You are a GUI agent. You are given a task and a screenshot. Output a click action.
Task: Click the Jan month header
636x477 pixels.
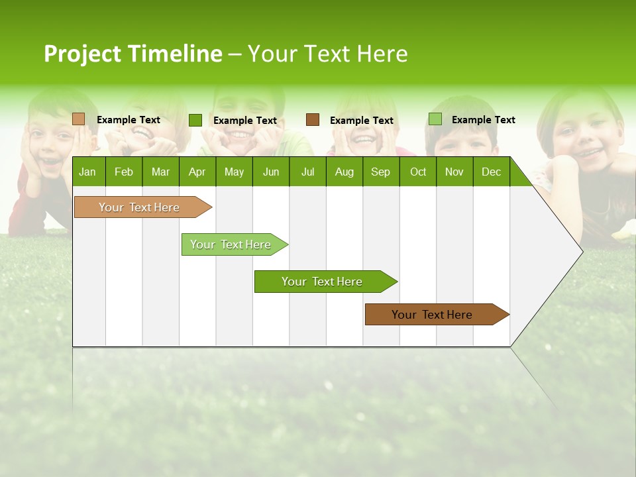[x=87, y=172]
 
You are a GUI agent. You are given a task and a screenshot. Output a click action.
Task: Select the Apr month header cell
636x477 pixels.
[x=197, y=172]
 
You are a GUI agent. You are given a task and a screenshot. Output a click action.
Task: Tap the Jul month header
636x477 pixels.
[x=307, y=172]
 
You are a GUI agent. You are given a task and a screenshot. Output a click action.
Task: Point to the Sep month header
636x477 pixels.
[x=380, y=172]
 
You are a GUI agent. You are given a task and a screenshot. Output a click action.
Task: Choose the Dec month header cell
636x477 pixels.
[x=491, y=172]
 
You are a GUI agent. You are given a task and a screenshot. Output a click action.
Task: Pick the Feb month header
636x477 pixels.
[x=124, y=172]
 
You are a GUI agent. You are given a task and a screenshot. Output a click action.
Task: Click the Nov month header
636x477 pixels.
[x=454, y=172]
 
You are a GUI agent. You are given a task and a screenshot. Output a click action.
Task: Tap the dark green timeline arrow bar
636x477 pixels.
[x=323, y=282]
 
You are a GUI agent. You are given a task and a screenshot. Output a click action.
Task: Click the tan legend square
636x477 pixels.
[x=78, y=119]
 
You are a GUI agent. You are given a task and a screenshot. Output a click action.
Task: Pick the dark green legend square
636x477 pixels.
[x=195, y=120]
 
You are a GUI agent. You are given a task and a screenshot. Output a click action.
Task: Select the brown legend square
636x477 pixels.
[x=313, y=120]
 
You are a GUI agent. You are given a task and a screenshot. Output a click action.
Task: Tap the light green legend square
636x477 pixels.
[x=435, y=119]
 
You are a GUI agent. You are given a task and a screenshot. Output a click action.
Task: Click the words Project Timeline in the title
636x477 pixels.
[x=132, y=54]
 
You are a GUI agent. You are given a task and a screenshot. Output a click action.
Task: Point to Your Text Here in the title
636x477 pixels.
[x=327, y=54]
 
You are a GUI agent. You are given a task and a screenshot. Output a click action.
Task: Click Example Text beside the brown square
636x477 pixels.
[x=361, y=121]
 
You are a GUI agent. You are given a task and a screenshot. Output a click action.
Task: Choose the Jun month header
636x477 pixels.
[x=271, y=172]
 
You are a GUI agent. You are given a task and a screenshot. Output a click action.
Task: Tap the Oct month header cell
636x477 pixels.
[x=418, y=172]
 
